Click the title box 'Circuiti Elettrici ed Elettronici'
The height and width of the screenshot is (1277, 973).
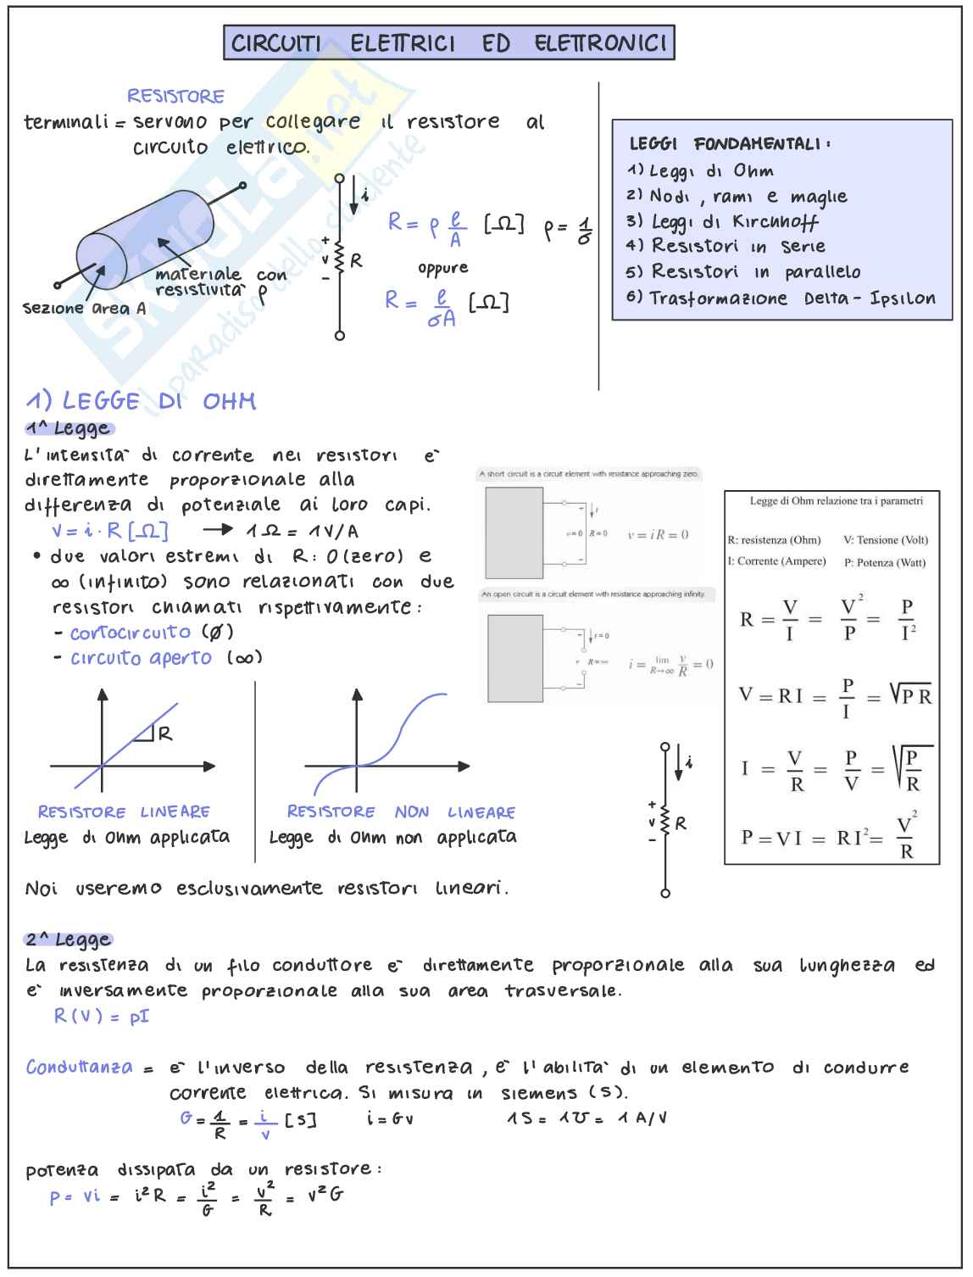coord(448,42)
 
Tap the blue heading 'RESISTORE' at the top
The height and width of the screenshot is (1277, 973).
coord(175,97)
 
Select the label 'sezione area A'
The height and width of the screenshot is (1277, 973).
coord(84,309)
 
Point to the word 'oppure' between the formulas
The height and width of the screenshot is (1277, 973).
coord(442,269)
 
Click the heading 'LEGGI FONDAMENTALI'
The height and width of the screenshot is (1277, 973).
coord(729,144)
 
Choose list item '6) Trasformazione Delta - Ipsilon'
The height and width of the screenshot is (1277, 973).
coord(781,298)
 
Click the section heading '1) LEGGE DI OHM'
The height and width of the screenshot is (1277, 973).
coord(141,401)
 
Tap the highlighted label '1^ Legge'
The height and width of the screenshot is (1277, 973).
coord(69,429)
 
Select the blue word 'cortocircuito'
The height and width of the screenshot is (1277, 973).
coord(131,633)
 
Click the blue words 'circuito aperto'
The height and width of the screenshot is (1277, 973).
coord(141,658)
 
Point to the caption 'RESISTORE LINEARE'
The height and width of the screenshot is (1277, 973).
coord(124,812)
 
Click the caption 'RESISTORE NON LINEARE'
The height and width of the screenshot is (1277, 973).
coord(401,812)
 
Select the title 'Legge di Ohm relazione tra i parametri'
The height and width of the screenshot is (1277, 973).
coord(836,501)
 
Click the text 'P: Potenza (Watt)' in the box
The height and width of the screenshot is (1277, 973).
coord(884,562)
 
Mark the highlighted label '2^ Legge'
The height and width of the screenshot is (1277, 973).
coord(69,940)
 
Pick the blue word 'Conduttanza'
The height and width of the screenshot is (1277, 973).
coord(79,1068)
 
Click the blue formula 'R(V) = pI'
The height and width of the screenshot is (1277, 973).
coord(102,1016)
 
